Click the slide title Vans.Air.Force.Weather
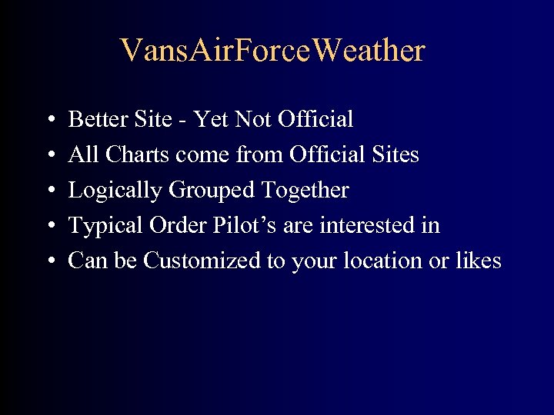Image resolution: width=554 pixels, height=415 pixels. (272, 51)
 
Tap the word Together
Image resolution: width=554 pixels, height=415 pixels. (305, 191)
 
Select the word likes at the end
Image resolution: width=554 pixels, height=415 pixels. (478, 261)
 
